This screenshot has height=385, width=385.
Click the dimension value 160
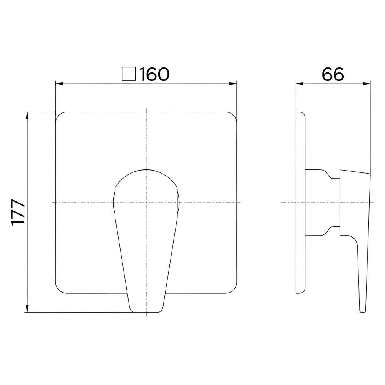154,74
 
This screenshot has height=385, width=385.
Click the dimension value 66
333,74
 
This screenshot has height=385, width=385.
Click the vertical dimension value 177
18,212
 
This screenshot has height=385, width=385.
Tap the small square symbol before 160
129,74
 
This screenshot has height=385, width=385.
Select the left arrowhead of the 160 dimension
60,84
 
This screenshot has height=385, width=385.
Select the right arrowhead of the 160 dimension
233,84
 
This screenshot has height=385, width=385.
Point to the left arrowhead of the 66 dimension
300,84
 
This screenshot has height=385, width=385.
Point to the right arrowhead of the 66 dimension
367,84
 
